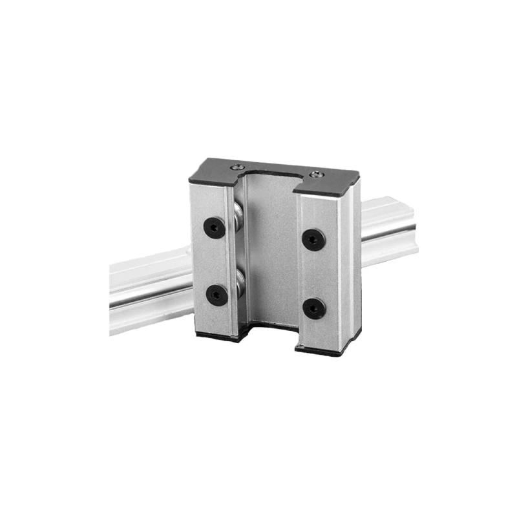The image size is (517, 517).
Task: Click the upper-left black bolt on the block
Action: tap(215, 227)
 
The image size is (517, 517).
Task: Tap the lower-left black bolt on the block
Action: tap(216, 295)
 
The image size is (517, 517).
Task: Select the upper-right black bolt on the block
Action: tap(313, 240)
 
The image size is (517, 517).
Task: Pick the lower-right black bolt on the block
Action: tap(314, 308)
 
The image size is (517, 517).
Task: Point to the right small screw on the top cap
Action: tap(315, 174)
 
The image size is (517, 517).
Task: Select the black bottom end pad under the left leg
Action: tap(216, 335)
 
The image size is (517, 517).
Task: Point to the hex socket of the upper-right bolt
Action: tap(313, 240)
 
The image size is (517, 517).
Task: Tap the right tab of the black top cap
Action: tap(330, 184)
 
